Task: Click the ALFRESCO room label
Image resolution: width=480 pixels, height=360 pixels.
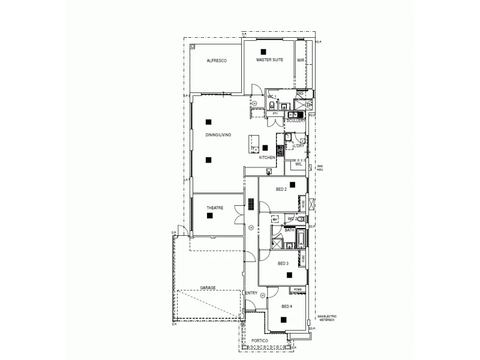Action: pos(216,61)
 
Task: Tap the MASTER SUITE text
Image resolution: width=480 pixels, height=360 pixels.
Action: pos(269,61)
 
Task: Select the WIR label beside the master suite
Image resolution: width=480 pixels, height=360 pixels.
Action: pos(301,61)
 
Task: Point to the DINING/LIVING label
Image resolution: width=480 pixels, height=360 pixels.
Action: pos(218,135)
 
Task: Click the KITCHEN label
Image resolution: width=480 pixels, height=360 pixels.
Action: pos(267,157)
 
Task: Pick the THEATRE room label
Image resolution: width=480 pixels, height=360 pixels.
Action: pos(215,208)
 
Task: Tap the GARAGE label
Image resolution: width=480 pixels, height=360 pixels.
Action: pos(208,287)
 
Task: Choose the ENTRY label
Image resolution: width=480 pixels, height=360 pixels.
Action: pos(251,293)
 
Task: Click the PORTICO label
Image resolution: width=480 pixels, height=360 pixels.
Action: pos(260,341)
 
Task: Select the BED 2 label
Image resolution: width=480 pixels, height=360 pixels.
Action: pos(281,189)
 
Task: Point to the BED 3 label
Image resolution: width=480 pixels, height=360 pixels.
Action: pos(283,263)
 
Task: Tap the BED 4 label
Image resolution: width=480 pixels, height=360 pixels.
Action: pos(287,307)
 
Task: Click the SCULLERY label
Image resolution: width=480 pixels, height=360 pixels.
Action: pos(296,121)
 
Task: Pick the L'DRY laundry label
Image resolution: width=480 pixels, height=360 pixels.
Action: pos(299,146)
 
